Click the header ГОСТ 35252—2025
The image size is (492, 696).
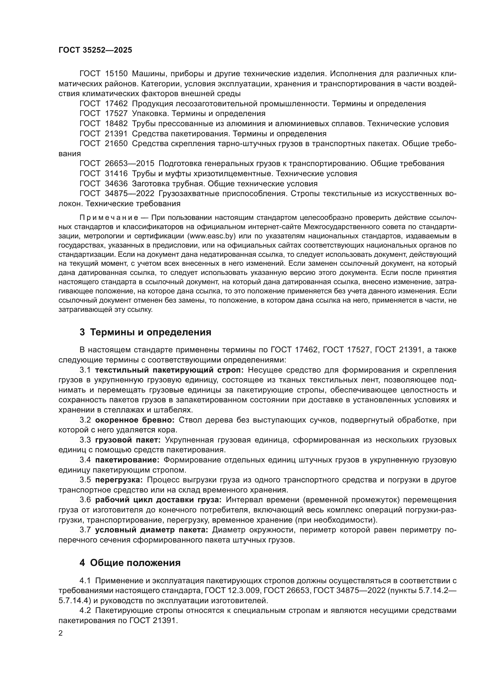coord(95,50)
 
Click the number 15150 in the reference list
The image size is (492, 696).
coord(116,74)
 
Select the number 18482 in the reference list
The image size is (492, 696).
coord(116,124)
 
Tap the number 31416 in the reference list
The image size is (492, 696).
coord(116,174)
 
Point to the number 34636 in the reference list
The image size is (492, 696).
coord(116,184)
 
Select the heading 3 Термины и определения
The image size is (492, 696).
coord(145,332)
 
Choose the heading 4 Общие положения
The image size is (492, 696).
coord(130,563)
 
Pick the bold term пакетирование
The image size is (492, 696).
coord(127,460)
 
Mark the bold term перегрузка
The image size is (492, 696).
coord(119,480)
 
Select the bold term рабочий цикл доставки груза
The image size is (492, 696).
coord(158,500)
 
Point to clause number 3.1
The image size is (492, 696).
coord(85,370)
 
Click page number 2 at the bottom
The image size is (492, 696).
coord(61,634)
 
